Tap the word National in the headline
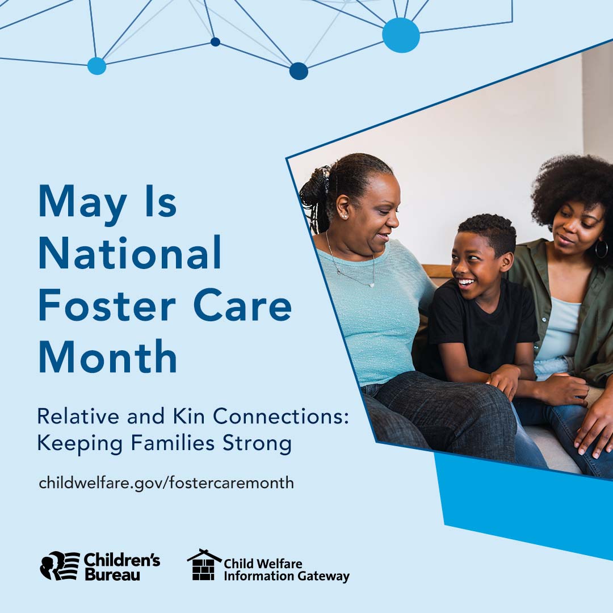(x=130, y=253)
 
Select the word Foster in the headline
(x=107, y=305)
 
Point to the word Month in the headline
(x=108, y=356)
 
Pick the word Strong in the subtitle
(x=257, y=444)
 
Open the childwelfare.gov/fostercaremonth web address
(x=166, y=482)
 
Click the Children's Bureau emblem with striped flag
(x=60, y=566)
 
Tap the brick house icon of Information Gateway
(x=204, y=565)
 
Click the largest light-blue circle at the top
(x=401, y=35)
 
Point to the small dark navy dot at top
(x=216, y=42)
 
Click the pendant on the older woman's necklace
(x=371, y=285)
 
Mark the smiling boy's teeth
(x=467, y=282)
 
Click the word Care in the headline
(x=242, y=305)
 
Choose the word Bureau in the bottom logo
(x=112, y=574)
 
